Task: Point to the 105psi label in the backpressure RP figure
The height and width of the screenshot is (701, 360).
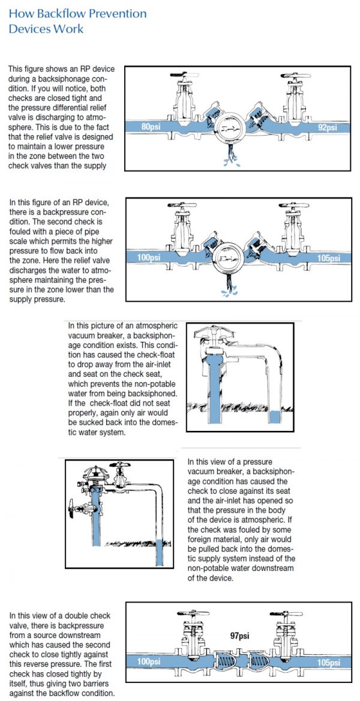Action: (x=326, y=259)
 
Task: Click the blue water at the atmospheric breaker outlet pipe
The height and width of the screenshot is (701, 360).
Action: (x=277, y=418)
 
